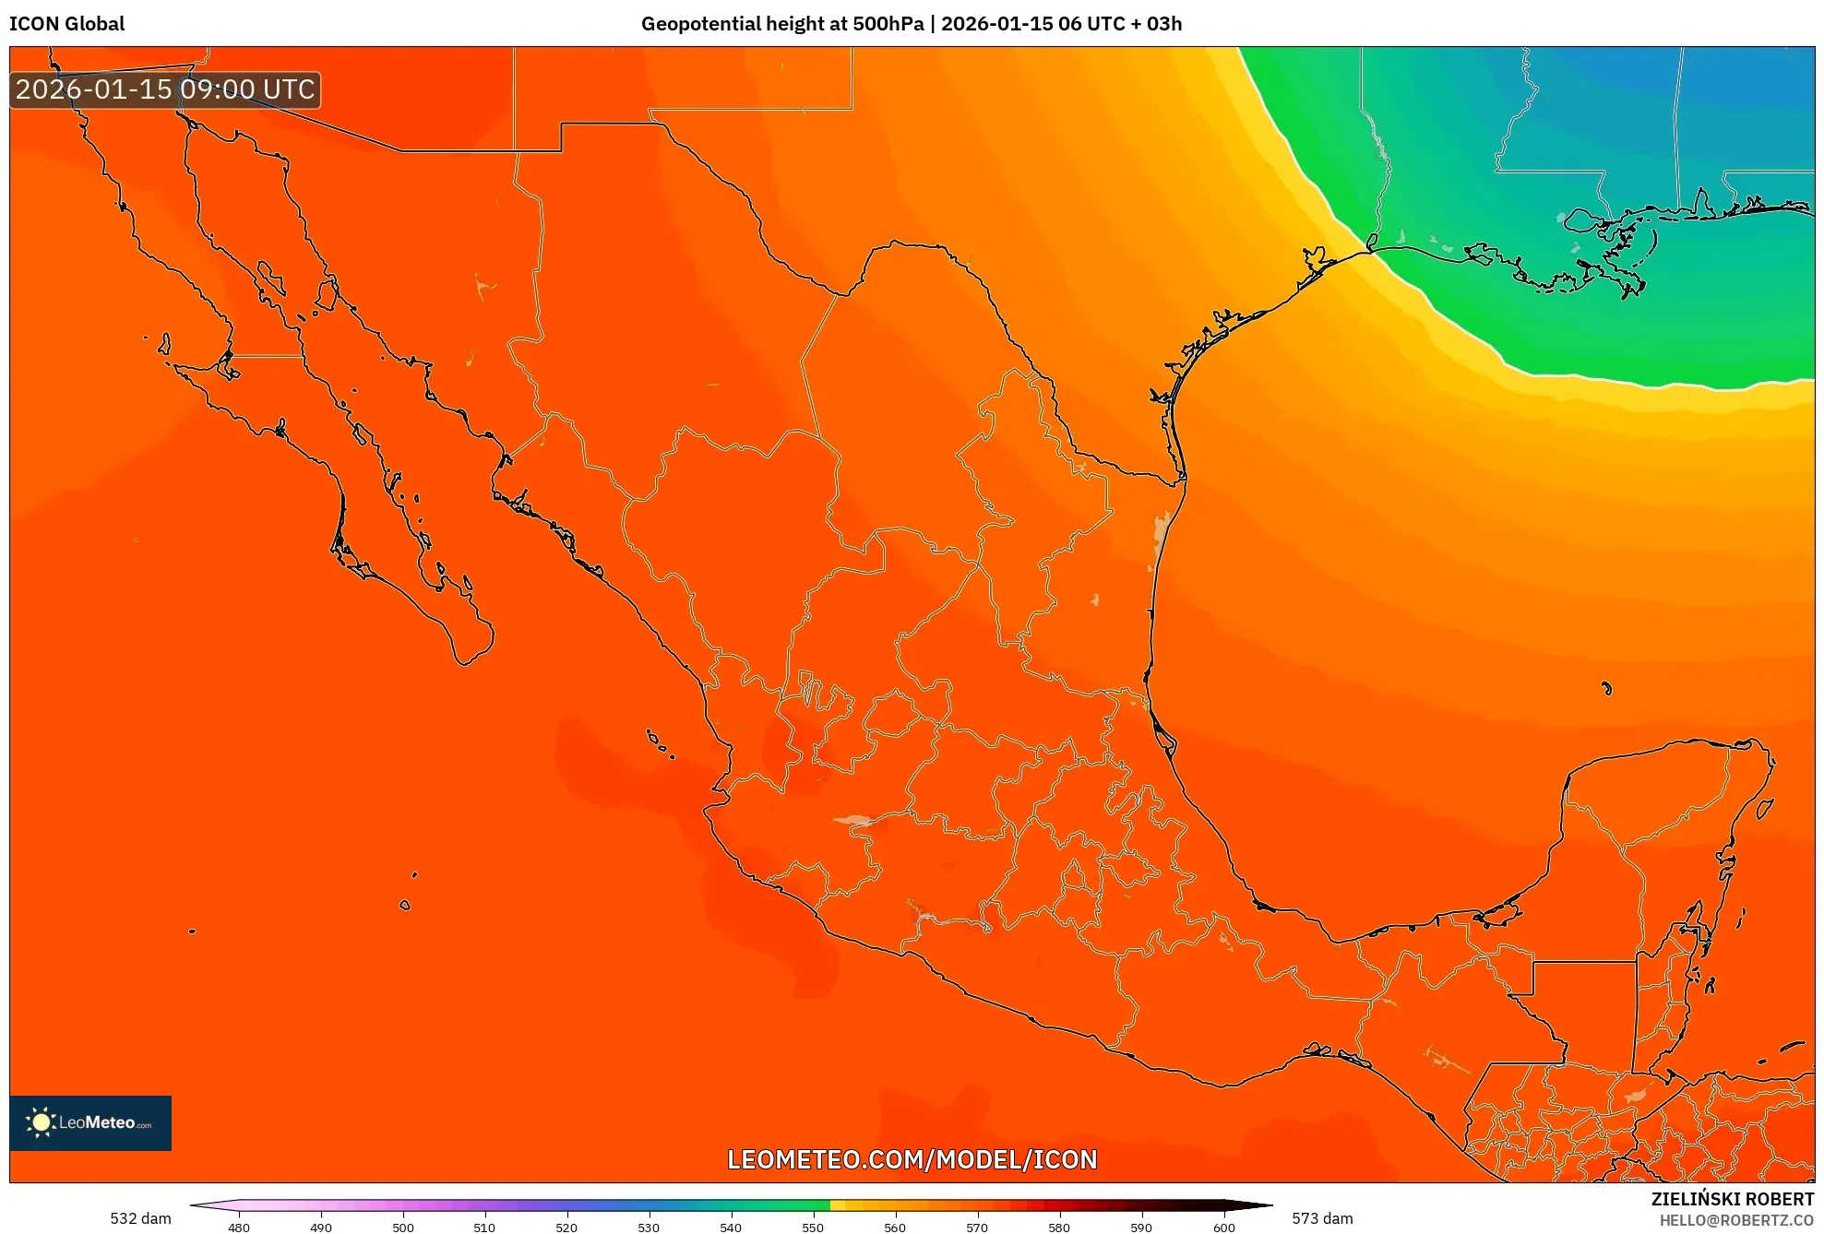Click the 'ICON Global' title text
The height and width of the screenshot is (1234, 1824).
click(66, 24)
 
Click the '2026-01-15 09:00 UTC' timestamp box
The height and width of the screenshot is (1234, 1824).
click(165, 89)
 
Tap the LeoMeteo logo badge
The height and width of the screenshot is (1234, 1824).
click(90, 1122)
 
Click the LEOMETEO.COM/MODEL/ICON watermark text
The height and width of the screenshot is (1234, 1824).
click(912, 1159)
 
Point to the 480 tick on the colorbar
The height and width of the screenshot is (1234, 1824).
click(239, 1227)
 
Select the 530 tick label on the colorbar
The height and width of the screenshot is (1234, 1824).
click(649, 1227)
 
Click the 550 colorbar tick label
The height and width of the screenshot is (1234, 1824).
click(813, 1227)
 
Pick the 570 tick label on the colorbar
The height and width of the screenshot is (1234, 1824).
click(977, 1227)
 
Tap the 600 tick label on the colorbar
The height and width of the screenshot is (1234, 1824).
click(1223, 1227)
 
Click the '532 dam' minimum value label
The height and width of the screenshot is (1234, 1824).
click(140, 1218)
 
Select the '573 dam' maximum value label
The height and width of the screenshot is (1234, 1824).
click(1322, 1218)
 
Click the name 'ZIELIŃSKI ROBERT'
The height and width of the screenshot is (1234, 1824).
click(1732, 1199)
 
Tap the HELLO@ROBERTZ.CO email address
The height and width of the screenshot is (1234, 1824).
click(1736, 1220)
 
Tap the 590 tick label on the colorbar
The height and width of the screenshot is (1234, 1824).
click(1141, 1227)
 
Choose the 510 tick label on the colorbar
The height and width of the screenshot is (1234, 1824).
click(484, 1227)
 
